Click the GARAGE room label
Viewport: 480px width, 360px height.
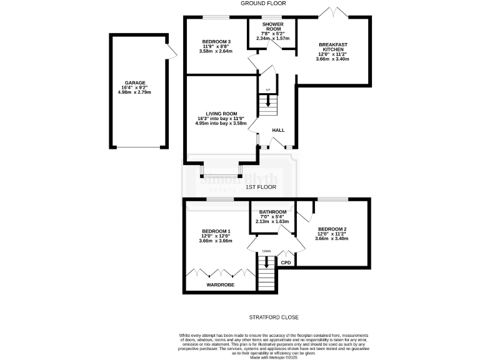coord(134,82)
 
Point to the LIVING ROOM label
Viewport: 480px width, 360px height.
coord(216,113)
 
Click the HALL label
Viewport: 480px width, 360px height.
coord(278,131)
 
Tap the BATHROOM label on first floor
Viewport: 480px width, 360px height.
coord(272,211)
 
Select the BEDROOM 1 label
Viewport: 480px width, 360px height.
coord(216,231)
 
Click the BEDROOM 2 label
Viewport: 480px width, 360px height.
coord(332,229)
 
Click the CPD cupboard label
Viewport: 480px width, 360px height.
coord(286,263)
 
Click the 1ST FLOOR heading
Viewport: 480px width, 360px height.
coord(261,187)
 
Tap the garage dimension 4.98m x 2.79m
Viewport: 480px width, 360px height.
coord(134,92)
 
